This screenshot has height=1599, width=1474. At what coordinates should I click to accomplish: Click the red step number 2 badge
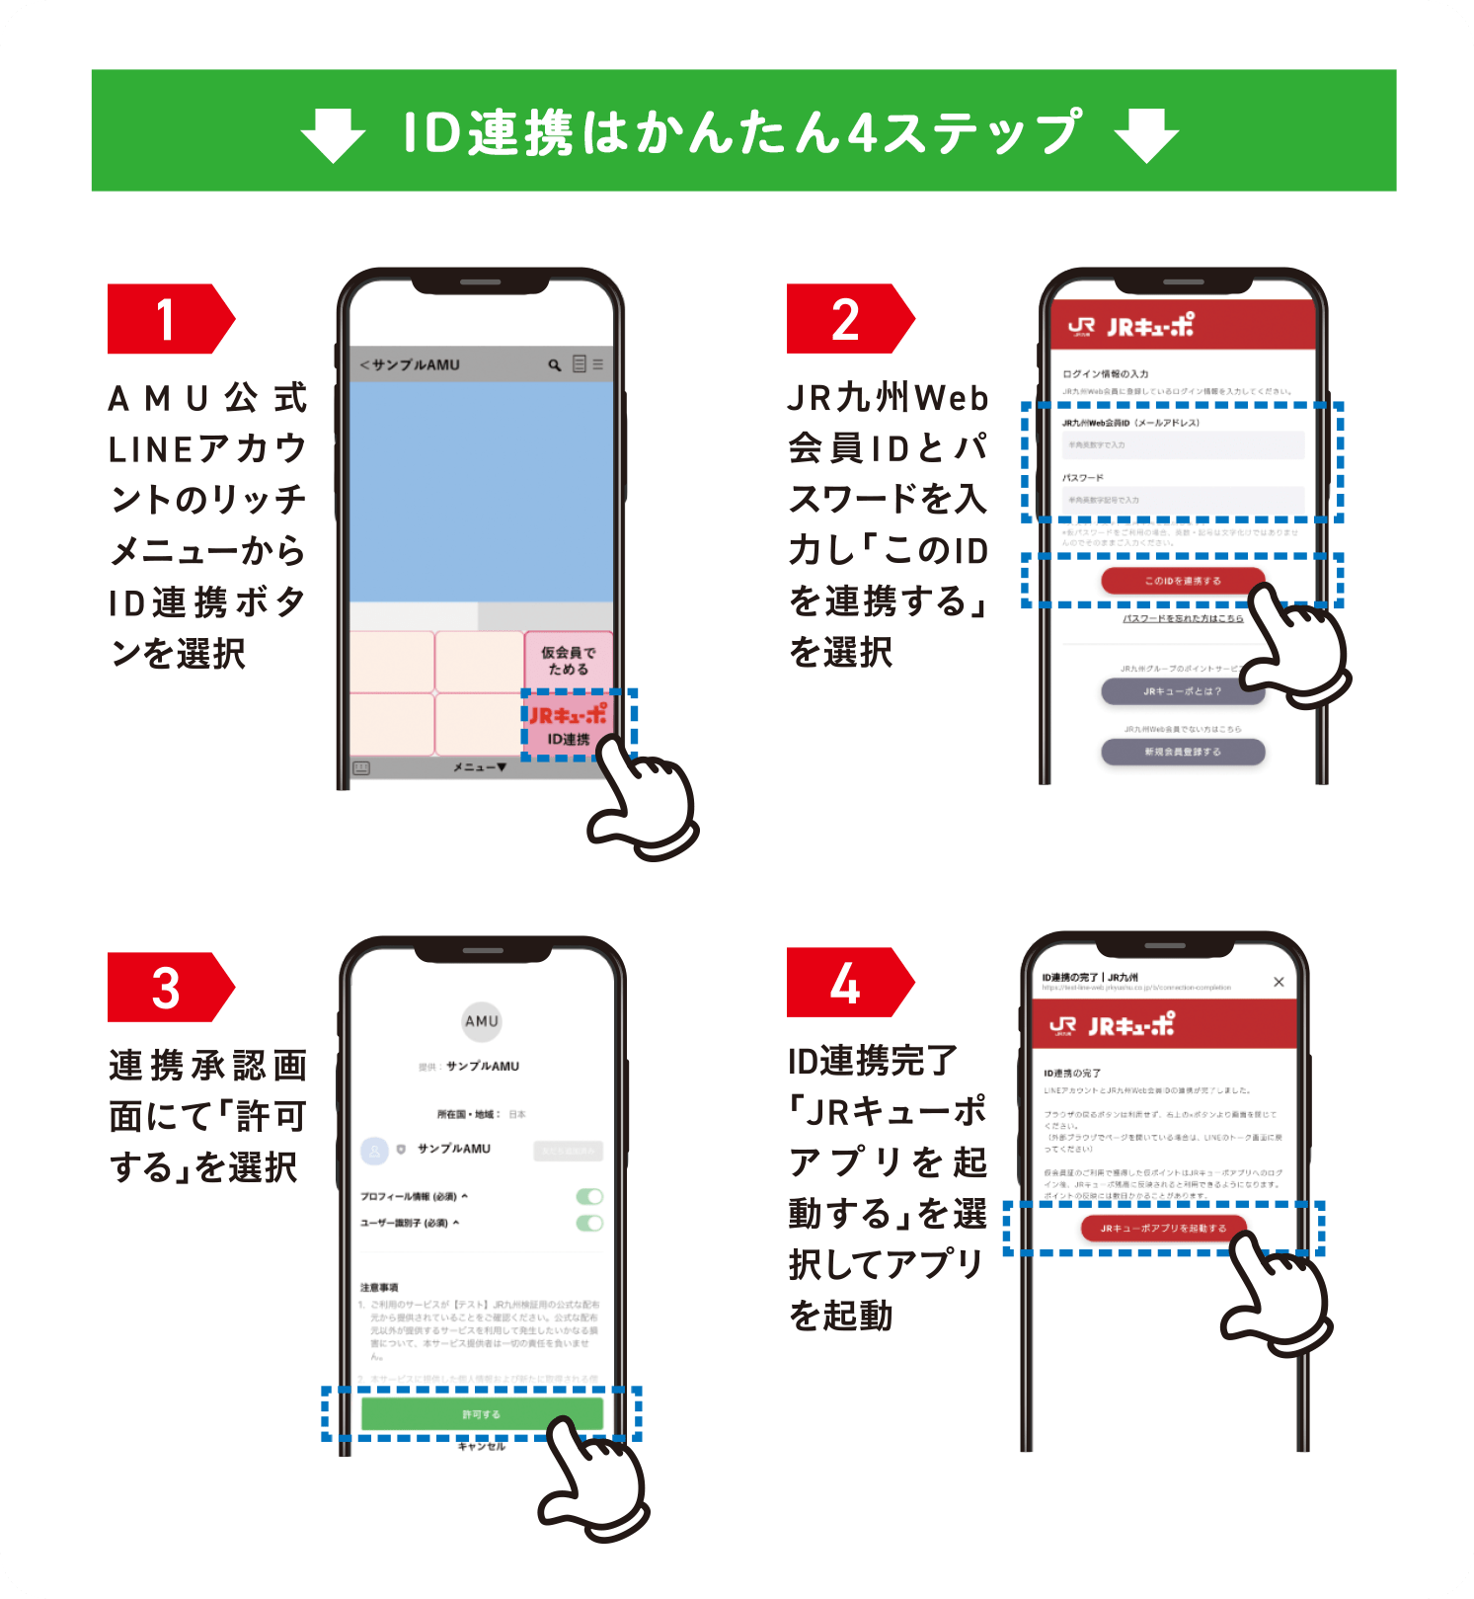846,319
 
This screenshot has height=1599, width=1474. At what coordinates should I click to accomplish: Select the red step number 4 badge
846,983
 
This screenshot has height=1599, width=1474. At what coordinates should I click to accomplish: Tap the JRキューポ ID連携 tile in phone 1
568,726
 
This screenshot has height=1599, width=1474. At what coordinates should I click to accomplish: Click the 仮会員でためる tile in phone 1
568,660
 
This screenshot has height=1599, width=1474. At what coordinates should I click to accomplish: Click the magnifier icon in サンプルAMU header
555,364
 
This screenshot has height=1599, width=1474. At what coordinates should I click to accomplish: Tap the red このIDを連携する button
1183,581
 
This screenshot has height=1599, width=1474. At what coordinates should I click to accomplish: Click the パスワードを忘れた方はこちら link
1183,618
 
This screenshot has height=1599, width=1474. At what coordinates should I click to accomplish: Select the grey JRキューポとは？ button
1183,691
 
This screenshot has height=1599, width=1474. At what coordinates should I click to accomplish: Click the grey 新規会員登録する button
1183,752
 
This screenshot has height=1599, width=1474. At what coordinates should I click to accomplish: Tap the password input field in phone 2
1183,500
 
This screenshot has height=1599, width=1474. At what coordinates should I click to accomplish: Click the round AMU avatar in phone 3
482,1021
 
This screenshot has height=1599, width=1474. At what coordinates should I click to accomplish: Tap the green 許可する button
482,1414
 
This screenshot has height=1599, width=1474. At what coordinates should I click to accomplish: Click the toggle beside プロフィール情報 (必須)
589,1197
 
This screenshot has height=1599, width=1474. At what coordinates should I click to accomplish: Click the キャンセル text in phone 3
482,1447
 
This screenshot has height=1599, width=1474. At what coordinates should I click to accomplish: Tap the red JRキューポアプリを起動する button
1164,1229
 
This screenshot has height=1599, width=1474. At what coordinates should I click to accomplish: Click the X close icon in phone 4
1279,982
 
